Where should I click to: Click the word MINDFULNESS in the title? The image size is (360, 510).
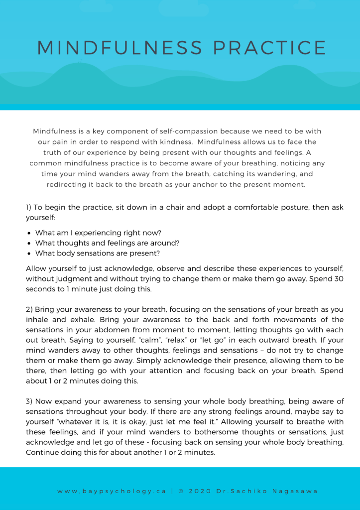coord(120,48)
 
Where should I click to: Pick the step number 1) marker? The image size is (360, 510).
coord(29,207)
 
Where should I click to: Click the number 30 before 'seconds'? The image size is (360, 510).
coord(339,279)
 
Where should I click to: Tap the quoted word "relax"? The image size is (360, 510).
coord(168,340)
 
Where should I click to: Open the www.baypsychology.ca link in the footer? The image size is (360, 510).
coord(112,491)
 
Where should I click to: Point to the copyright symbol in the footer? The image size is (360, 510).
coord(181,491)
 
